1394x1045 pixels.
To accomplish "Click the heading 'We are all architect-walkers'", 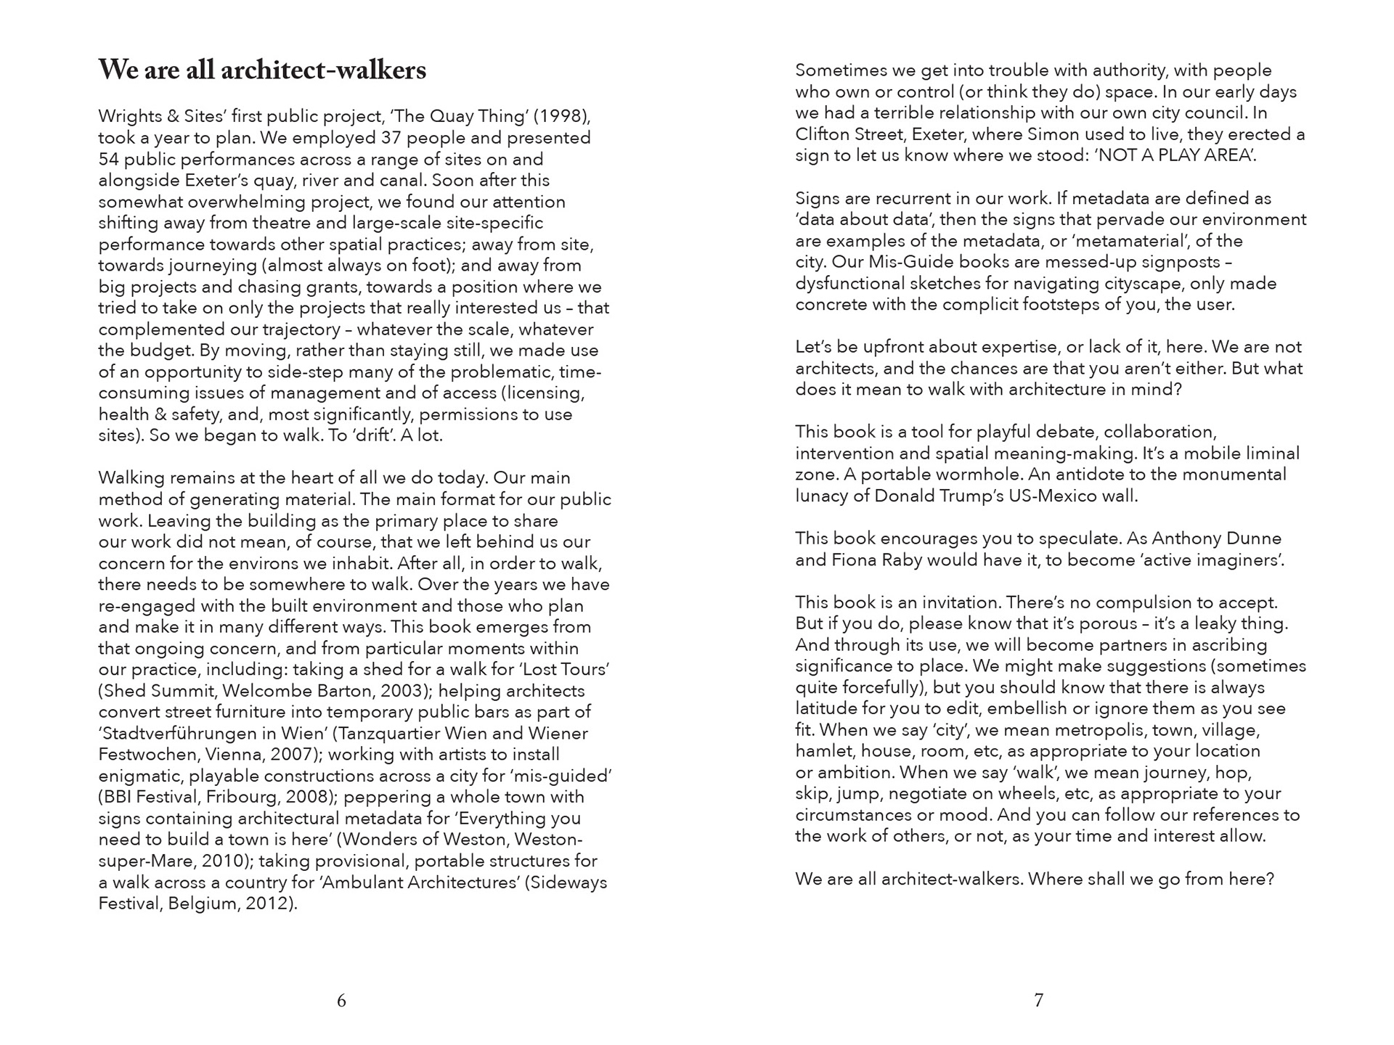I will [x=262, y=70].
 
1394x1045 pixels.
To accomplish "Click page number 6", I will [x=341, y=1001].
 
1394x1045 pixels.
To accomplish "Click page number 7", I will [x=1038, y=1001].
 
